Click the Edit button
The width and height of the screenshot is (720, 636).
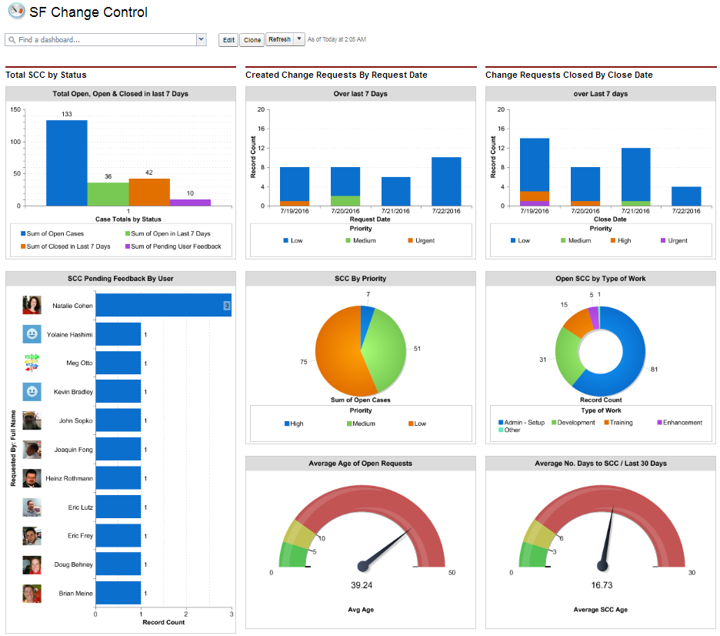pyautogui.click(x=228, y=40)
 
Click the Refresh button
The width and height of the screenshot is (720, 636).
pyautogui.click(x=280, y=40)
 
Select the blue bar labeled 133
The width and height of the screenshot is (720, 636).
pyautogui.click(x=66, y=162)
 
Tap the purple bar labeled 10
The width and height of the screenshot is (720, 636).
pyautogui.click(x=190, y=203)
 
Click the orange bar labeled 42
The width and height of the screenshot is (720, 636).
pyautogui.click(x=148, y=192)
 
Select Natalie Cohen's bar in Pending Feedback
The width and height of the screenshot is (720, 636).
pyautogui.click(x=162, y=306)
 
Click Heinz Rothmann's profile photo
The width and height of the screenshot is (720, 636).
pyautogui.click(x=32, y=478)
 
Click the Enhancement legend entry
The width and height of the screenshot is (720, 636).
pyautogui.click(x=682, y=422)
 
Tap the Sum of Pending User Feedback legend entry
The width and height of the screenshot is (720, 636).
pyautogui.click(x=175, y=246)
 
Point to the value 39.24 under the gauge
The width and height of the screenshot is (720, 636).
pyautogui.click(x=362, y=585)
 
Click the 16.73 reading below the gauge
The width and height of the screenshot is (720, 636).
pyautogui.click(x=602, y=585)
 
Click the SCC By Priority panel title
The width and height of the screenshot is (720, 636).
pyautogui.click(x=361, y=278)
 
